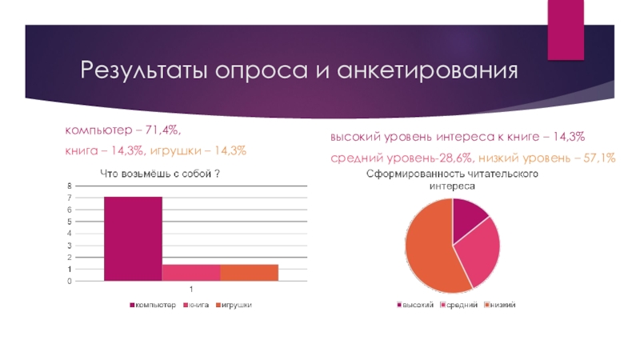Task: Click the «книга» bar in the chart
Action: [191, 273]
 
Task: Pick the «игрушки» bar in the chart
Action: [249, 273]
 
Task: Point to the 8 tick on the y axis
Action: [70, 186]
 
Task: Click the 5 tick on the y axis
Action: [70, 222]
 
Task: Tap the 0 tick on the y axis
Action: [70, 281]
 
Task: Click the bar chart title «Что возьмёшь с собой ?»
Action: [160, 174]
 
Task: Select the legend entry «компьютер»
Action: [155, 305]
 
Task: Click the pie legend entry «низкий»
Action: [501, 305]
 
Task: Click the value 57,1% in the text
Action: [599, 158]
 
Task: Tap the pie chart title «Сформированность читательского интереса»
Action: [452, 179]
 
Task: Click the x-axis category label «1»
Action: [191, 289]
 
